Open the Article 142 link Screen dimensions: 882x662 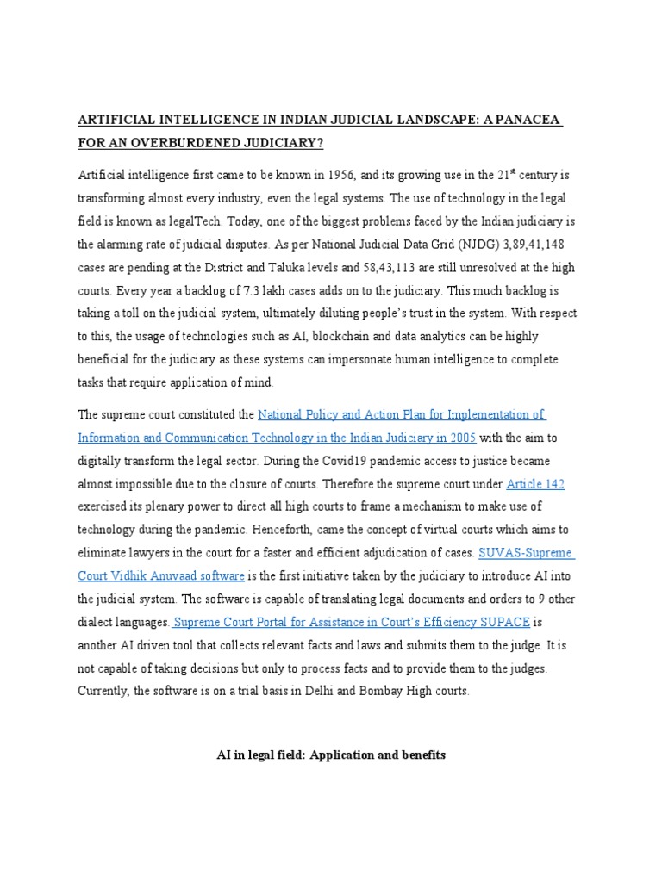pyautogui.click(x=535, y=483)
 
